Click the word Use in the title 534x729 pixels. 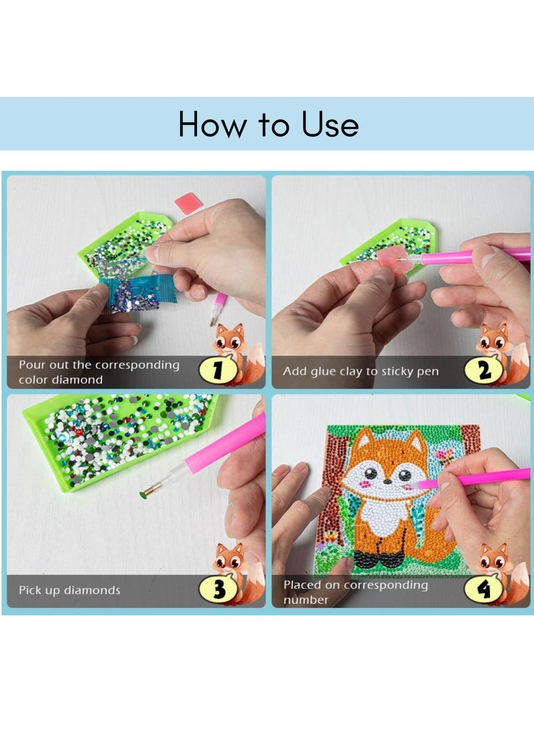(x=330, y=124)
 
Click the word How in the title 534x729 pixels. (x=212, y=124)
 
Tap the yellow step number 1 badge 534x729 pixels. (x=218, y=370)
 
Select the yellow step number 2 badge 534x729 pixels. (x=483, y=371)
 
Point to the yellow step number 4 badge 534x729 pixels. (x=483, y=589)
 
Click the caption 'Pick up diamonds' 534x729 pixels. (x=69, y=590)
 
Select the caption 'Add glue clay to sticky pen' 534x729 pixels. (x=360, y=371)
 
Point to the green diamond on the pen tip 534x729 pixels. (x=142, y=493)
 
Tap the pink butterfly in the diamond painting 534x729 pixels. (x=443, y=456)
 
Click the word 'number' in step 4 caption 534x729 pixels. (x=306, y=599)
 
